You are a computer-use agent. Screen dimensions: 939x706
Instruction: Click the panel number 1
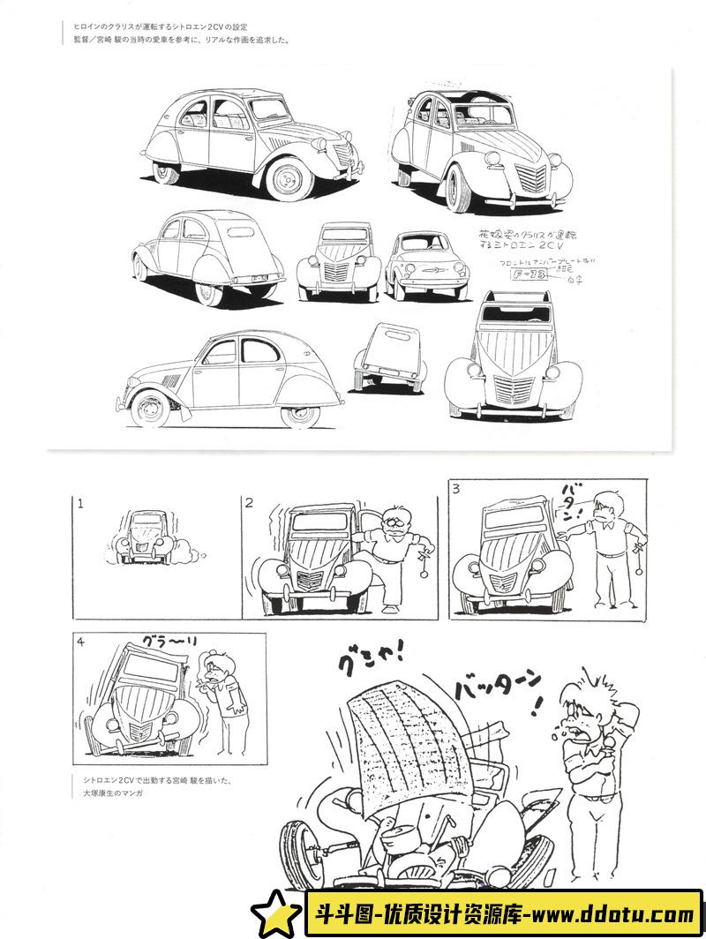(x=79, y=505)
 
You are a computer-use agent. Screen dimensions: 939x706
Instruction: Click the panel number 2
(x=250, y=503)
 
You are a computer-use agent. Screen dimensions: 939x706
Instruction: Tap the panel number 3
(x=456, y=488)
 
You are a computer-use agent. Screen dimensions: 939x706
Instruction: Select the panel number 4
(x=80, y=642)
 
